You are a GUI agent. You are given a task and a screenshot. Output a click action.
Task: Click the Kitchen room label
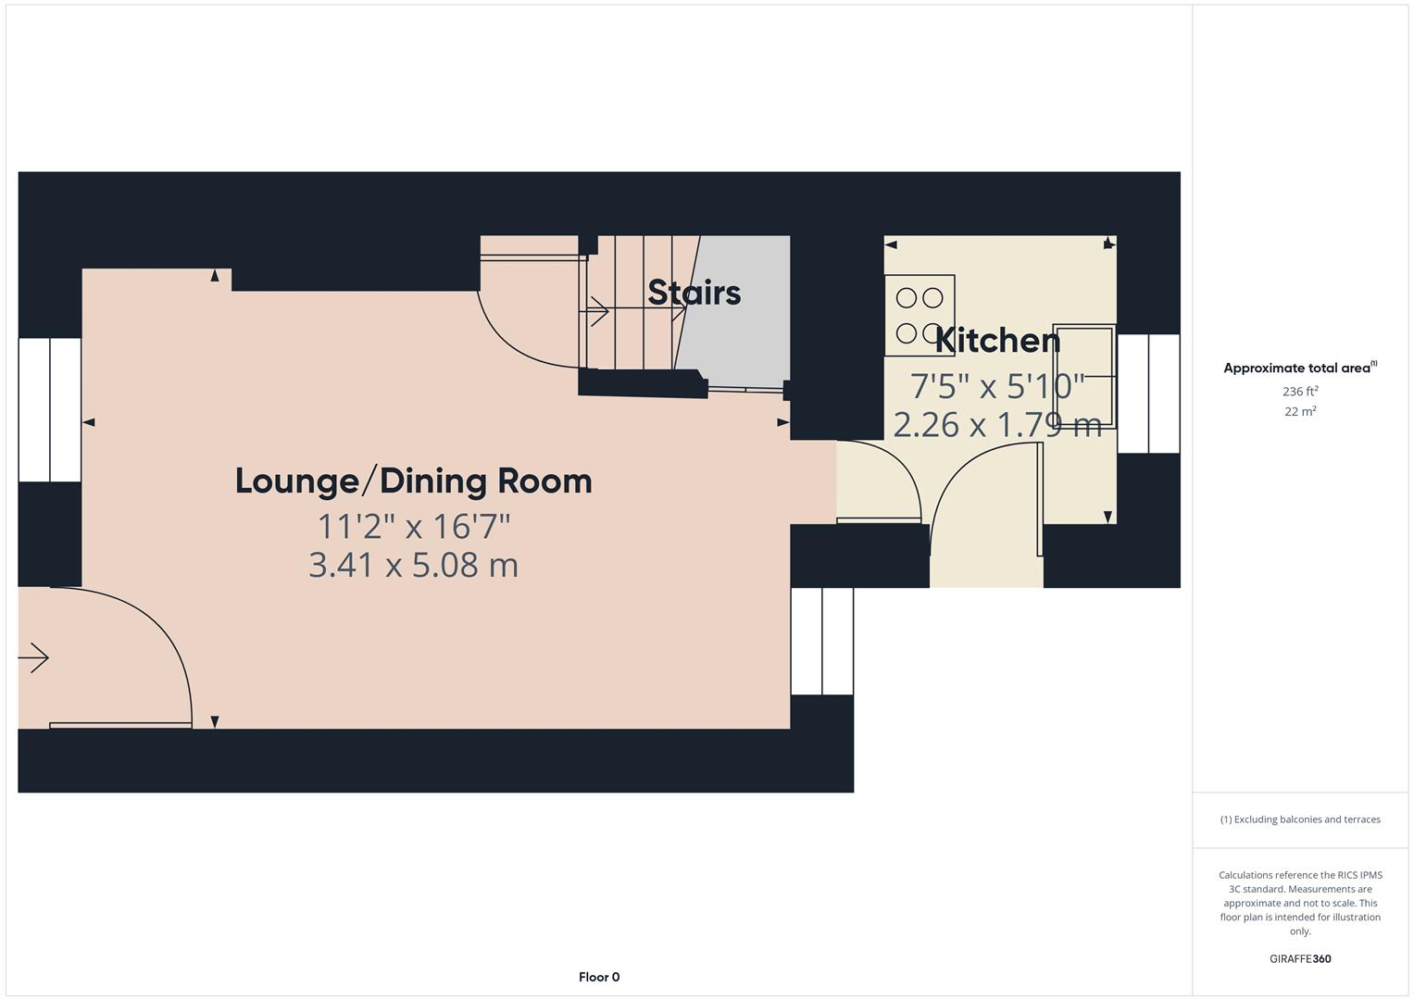pos(997,341)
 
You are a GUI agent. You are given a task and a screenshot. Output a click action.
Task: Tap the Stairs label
pos(694,293)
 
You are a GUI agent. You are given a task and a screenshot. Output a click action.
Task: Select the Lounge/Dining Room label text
pos(413,481)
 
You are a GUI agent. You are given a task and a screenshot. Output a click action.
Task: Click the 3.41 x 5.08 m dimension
pos(413,565)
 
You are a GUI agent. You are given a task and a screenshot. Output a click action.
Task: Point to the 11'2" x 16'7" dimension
pos(414,526)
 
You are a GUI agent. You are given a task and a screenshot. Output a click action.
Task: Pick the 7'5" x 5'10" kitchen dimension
pos(996,385)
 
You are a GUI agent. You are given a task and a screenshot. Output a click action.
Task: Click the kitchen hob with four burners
pos(919,316)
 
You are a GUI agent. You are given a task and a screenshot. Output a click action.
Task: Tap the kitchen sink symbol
pos(1083,375)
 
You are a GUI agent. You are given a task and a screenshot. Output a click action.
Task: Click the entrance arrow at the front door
pos(34,658)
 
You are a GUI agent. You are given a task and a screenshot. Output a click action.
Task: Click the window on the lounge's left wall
pos(50,409)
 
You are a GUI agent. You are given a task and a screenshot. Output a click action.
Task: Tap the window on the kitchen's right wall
pos(1148,394)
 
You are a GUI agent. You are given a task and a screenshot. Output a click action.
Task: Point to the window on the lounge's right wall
pos(821,641)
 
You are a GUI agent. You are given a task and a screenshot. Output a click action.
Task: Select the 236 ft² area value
pos(1300,392)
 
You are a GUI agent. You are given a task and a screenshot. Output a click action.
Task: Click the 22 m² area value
pos(1300,412)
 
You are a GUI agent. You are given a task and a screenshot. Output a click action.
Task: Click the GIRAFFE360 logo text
pos(1300,958)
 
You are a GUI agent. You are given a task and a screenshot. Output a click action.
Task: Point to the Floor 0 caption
pos(599,977)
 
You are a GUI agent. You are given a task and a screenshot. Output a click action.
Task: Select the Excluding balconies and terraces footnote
pos(1300,819)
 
